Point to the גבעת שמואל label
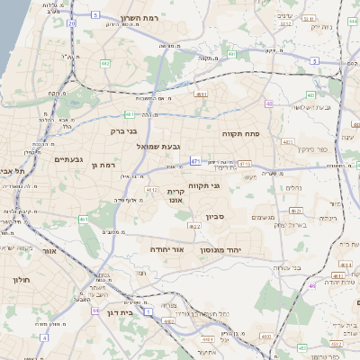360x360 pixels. [x=159, y=146]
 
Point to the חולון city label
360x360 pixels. [x=22, y=280]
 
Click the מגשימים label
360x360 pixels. [x=264, y=217]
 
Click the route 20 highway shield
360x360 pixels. [x=71, y=24]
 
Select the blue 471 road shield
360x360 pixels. [x=194, y=161]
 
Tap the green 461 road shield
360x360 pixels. [x=83, y=219]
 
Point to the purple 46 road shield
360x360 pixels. [x=311, y=285]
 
